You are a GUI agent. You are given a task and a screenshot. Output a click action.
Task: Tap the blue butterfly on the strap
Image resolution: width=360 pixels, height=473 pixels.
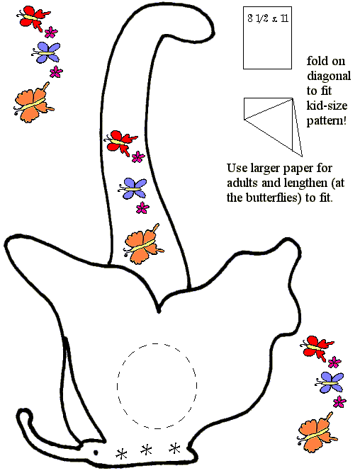click(x=133, y=188)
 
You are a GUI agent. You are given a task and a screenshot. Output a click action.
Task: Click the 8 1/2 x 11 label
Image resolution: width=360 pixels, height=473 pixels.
click(x=268, y=18)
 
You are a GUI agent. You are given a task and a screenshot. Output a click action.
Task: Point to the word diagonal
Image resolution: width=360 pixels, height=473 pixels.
click(x=329, y=76)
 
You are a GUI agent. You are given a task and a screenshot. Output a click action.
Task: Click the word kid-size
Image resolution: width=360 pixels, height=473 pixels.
click(x=327, y=106)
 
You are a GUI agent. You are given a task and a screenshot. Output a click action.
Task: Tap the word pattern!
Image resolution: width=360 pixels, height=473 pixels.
click(x=327, y=121)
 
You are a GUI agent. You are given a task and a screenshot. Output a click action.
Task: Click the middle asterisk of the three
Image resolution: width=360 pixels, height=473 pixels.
click(x=146, y=450)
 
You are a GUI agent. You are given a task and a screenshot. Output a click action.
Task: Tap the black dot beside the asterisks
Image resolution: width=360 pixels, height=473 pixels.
click(x=96, y=452)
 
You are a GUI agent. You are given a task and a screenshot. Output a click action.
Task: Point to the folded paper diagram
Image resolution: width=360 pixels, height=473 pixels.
click(x=273, y=127)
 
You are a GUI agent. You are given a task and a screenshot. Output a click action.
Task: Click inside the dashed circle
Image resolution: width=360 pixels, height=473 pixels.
click(x=157, y=386)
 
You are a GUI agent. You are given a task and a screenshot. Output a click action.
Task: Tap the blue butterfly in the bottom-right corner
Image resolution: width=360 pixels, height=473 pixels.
click(x=330, y=382)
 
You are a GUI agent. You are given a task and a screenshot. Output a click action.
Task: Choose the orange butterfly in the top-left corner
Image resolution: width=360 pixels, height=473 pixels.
click(x=34, y=103)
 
